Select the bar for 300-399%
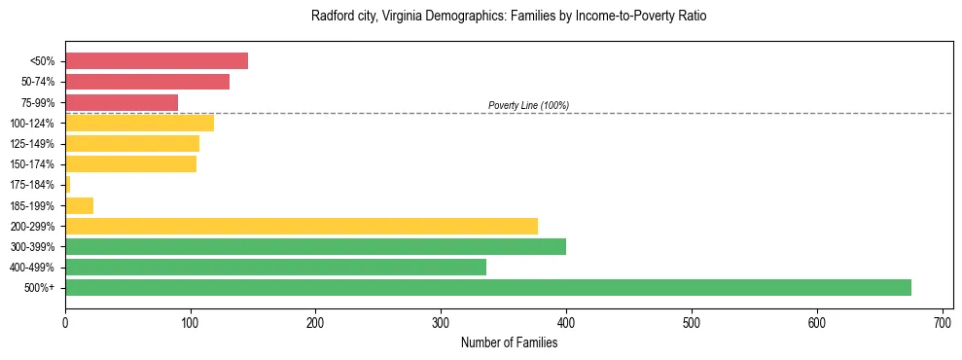click(315, 246)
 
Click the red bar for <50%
click(157, 61)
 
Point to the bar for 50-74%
click(147, 82)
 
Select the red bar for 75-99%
click(122, 102)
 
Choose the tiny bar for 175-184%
click(67, 184)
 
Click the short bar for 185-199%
click(79, 205)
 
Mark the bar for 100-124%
click(139, 123)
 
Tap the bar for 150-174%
click(130, 163)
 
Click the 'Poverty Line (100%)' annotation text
click(528, 105)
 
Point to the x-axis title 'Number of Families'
click(509, 342)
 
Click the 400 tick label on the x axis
click(566, 322)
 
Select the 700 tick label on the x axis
click(942, 322)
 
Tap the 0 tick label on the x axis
click(65, 322)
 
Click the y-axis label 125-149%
click(32, 144)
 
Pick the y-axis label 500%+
click(40, 288)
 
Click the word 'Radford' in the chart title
click(331, 17)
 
